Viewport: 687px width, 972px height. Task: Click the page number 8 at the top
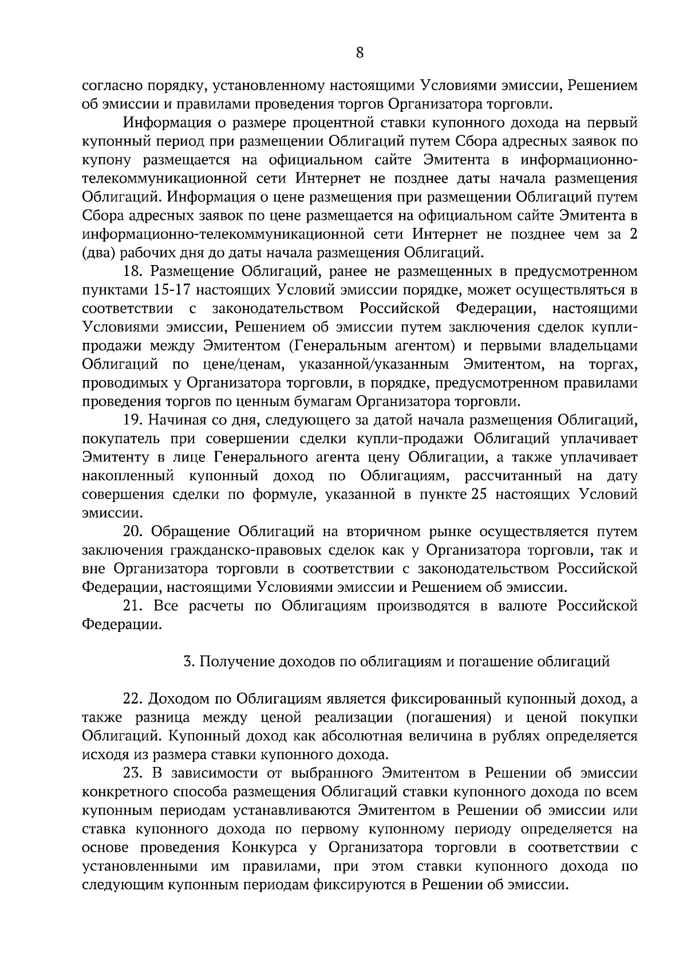(359, 53)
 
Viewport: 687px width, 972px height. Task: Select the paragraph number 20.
(135, 531)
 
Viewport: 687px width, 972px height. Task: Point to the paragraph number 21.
(134, 606)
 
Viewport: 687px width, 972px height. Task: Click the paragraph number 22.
(135, 699)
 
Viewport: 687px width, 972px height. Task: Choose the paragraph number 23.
(135, 773)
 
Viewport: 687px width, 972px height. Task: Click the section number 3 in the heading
(187, 662)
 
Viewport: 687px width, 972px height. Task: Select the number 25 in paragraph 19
(477, 495)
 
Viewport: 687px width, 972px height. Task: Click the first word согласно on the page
(112, 86)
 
